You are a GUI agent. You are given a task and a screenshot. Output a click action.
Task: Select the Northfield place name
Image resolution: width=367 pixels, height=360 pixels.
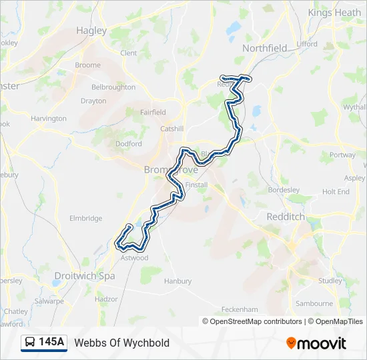265,48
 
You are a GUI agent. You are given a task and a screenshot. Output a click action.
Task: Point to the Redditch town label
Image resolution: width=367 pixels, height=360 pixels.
285,217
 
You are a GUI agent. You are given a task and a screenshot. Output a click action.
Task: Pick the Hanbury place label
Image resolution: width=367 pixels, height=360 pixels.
177,281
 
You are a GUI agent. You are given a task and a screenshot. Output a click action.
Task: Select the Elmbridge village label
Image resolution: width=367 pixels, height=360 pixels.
86,218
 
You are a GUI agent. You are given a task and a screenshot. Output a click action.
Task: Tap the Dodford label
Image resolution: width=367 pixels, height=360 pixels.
128,143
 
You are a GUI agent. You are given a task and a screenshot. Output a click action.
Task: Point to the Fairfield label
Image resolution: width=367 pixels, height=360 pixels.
153,113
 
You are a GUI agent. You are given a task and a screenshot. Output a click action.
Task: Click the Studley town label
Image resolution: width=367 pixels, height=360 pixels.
330,281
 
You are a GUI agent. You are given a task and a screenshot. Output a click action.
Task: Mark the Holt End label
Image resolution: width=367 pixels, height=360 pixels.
336,191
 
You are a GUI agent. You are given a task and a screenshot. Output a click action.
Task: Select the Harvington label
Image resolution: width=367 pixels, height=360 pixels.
49,119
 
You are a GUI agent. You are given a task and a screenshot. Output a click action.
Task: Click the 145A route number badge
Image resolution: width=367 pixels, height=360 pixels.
51,343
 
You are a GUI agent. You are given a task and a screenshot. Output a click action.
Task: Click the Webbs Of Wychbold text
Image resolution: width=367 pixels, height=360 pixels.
122,343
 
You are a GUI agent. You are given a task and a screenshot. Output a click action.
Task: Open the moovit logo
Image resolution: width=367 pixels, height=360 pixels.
316,343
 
